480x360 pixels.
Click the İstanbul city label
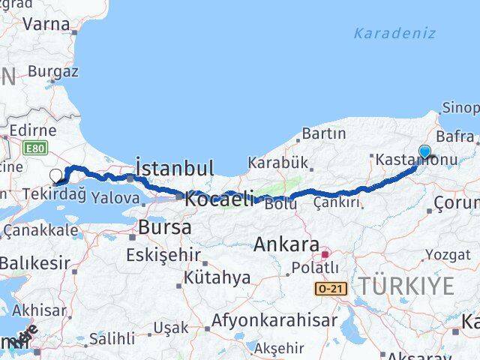point(175,167)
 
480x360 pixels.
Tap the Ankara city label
point(286,244)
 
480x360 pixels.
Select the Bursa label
point(166,226)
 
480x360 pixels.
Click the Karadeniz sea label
point(394,34)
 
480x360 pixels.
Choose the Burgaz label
point(52,72)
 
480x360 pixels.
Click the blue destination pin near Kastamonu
point(424,152)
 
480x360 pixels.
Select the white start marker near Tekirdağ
point(56,176)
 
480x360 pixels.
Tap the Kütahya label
point(217,277)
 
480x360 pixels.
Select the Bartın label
point(323,133)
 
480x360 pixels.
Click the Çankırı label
point(336,202)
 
